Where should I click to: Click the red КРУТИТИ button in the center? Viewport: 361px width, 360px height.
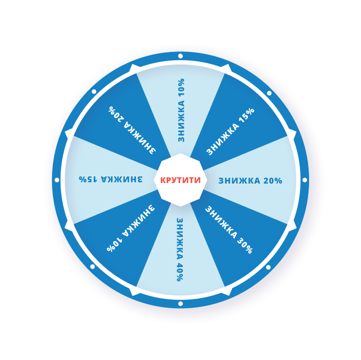pyautogui.click(x=180, y=180)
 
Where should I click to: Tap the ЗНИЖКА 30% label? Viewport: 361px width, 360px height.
pyautogui.click(x=229, y=229)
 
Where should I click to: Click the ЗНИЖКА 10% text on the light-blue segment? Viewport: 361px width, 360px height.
pyautogui.click(x=181, y=110)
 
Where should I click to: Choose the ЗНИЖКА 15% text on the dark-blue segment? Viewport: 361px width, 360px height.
pyautogui.click(x=230, y=131)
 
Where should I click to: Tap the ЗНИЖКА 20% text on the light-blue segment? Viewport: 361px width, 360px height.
pyautogui.click(x=250, y=181)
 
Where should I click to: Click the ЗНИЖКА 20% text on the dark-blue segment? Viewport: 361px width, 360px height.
pyautogui.click(x=132, y=130)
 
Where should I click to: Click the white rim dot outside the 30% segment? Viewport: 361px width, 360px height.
pyautogui.click(x=268, y=267)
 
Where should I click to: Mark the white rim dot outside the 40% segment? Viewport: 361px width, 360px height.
pyautogui.click(x=180, y=304)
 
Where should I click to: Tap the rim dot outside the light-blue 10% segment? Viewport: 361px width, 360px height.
pyautogui.click(x=180, y=56)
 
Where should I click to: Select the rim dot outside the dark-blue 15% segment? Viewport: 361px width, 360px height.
pyautogui.click(x=269, y=93)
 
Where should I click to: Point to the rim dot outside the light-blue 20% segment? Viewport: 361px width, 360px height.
pyautogui.click(x=304, y=180)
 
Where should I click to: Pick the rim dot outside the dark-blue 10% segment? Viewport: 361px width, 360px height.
pyautogui.click(x=92, y=266)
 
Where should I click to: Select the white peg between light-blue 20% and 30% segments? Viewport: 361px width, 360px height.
pyautogui.click(x=292, y=226)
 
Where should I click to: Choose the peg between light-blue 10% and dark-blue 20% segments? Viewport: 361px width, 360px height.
pyautogui.click(x=135, y=69)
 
